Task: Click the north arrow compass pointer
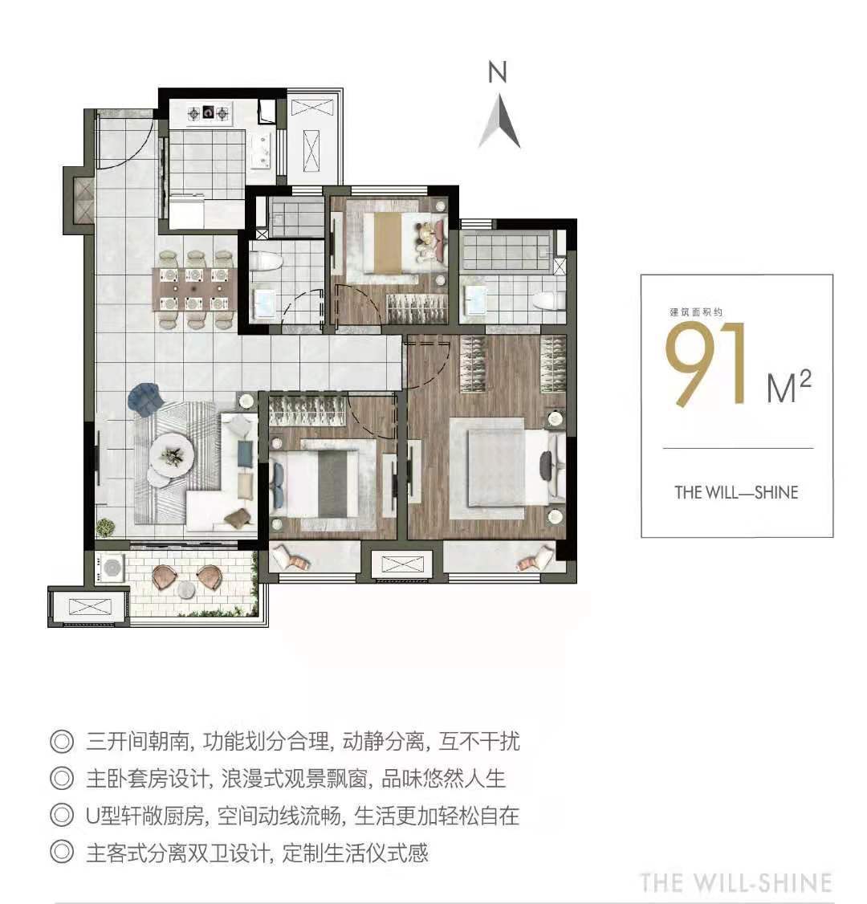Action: tap(499, 122)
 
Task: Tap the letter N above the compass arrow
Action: tap(498, 73)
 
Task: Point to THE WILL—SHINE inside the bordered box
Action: tap(736, 492)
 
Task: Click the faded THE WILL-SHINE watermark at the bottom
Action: tap(735, 882)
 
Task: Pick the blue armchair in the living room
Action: tap(145, 399)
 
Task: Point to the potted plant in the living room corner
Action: tap(105, 527)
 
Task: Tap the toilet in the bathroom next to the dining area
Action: tap(265, 262)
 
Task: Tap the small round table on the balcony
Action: tap(186, 590)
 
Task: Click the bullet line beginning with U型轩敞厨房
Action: tap(302, 816)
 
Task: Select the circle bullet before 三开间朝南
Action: tap(61, 740)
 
